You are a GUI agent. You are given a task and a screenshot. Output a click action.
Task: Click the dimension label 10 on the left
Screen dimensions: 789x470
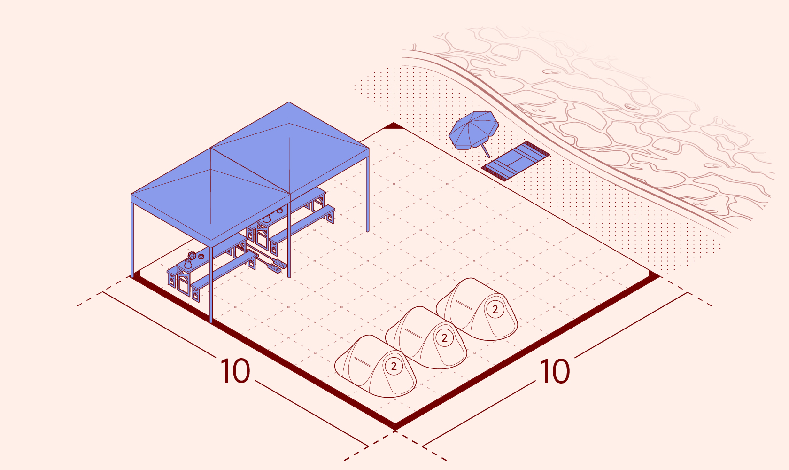(235, 371)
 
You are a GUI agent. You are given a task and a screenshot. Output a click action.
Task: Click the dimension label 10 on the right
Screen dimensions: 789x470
(555, 371)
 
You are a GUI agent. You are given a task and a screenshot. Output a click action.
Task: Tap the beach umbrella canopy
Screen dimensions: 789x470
(473, 130)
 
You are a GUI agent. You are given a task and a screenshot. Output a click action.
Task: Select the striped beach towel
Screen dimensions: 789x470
(516, 161)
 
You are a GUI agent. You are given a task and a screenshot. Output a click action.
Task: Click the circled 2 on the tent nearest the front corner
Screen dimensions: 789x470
(394, 366)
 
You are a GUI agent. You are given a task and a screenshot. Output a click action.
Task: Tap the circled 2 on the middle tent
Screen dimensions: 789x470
(444, 338)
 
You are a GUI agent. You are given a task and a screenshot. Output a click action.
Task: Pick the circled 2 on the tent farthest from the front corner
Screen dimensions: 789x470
(495, 309)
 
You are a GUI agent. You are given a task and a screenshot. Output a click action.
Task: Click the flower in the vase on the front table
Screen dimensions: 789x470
(192, 255)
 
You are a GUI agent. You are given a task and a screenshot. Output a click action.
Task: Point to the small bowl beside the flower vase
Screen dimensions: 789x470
(201, 256)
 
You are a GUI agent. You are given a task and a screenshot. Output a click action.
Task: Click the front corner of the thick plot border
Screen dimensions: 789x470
(395, 427)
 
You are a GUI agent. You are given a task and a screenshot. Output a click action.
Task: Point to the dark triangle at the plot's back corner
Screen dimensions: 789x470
(394, 126)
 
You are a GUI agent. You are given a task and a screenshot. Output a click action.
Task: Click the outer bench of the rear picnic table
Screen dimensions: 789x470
(302, 229)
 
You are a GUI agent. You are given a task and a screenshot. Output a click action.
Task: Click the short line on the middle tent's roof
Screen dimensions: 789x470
(413, 333)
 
